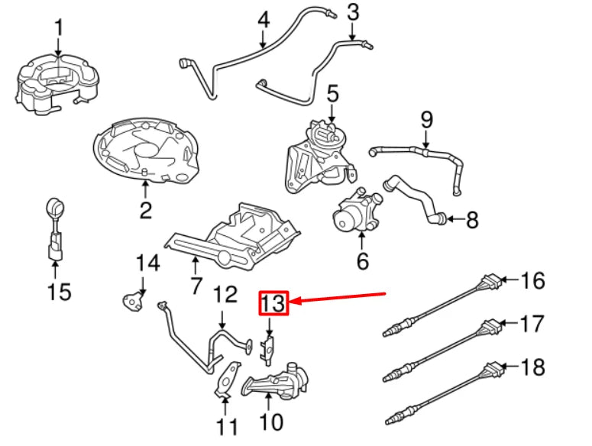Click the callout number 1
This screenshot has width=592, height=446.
pos(59,30)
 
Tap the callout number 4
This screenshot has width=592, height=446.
pos(263,19)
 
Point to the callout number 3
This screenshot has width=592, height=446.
pos(353,12)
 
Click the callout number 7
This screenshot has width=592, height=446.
pos(196,286)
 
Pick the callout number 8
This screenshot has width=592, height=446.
pos(471,221)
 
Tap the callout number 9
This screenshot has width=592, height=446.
pos(426,120)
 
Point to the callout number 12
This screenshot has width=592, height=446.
pos(225,294)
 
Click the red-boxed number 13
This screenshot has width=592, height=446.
pos(273,303)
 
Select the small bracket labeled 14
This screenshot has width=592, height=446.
pos(134,298)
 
